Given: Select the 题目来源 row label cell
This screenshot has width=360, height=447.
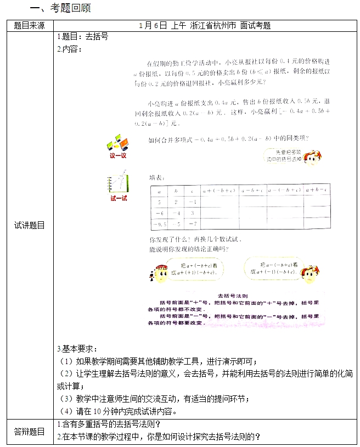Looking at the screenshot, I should coord(29,25).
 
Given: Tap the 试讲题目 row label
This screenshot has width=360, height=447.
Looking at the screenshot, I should coord(29,225).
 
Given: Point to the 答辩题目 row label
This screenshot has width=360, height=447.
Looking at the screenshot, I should coord(29,431).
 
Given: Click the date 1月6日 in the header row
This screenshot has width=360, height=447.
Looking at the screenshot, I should coord(153,25).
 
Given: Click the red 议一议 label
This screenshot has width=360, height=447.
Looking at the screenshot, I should coord(118,155).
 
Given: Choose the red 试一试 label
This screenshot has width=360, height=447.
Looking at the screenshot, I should coord(119,198).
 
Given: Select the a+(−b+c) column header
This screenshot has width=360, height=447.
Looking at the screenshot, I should coord(218,191).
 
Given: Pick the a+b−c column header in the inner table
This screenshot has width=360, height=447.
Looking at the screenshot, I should coord(316,191).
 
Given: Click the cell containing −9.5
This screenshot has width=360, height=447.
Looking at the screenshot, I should coord(160,223).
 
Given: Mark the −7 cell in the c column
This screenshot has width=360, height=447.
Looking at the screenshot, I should coord(192,223).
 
